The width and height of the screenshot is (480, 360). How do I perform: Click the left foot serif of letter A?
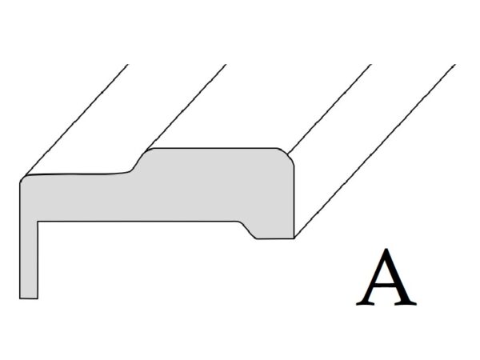tap(364, 303)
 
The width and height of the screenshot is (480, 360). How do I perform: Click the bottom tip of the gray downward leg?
tap(28, 298)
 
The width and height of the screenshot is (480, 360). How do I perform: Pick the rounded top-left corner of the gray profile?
tap(22, 180)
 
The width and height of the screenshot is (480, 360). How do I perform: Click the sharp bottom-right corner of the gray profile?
tap(294, 238)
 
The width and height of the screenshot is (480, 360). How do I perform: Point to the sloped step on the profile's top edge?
tap(138, 161)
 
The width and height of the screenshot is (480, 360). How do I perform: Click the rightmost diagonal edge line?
tap(376, 152)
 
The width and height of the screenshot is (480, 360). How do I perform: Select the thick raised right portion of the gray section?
tap(216, 188)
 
